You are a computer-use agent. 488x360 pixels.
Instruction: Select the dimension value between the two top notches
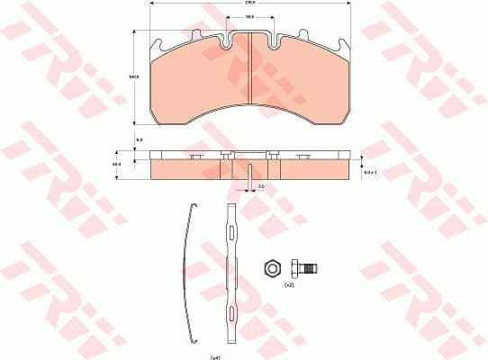[248, 28]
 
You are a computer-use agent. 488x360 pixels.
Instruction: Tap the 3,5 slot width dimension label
[260, 186]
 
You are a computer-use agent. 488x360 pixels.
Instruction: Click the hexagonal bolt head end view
[270, 267]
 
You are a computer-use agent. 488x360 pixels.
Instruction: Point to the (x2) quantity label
[288, 285]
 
